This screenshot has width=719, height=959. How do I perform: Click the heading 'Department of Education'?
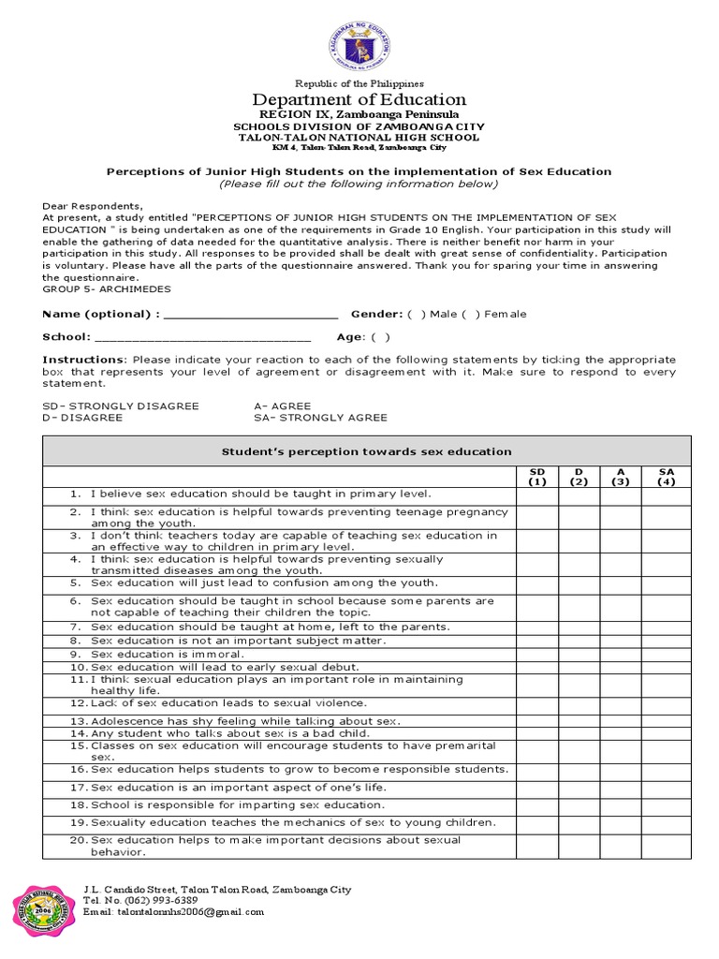coord(359,99)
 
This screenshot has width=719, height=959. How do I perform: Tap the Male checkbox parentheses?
coord(414,314)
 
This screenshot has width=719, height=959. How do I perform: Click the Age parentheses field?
coord(380,337)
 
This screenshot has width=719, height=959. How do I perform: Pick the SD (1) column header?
coord(536,477)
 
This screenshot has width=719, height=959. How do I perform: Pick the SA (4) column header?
coord(666,477)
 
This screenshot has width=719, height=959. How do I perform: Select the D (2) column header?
coord(579,477)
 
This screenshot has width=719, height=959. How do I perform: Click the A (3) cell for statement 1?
coord(621,494)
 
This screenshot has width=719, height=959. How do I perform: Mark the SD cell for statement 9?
coord(536,654)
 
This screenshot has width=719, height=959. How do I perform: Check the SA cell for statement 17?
coord(666,787)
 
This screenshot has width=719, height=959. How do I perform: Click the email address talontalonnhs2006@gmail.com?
coord(173,911)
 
